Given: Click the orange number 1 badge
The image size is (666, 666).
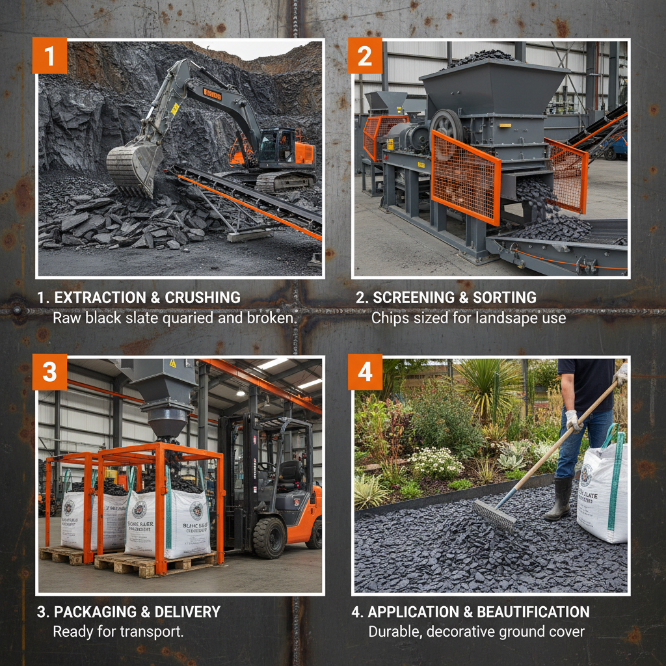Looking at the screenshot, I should (50, 56).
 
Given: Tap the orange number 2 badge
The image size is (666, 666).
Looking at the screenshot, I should (366, 56).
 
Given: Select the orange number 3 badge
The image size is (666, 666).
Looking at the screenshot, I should (50, 373).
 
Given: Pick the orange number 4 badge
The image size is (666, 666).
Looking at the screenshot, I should (366, 373).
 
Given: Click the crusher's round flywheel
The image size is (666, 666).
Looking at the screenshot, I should (447, 127).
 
